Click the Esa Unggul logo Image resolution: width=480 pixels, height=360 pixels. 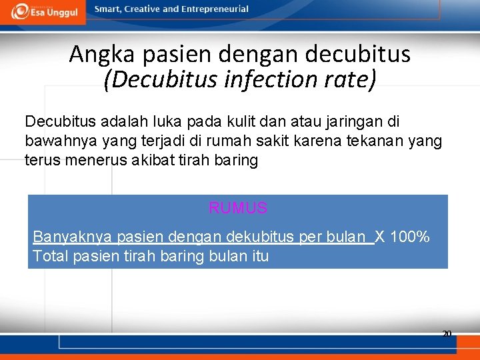45,11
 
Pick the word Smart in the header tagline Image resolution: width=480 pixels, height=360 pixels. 108,9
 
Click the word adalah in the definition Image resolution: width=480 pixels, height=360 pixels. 127,122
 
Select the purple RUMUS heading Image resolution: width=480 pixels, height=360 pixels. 238,208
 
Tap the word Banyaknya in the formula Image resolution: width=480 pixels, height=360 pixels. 73,237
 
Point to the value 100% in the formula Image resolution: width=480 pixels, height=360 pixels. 409,237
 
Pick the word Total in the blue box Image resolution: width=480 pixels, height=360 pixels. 50,256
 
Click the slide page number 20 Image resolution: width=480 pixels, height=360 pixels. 447,333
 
